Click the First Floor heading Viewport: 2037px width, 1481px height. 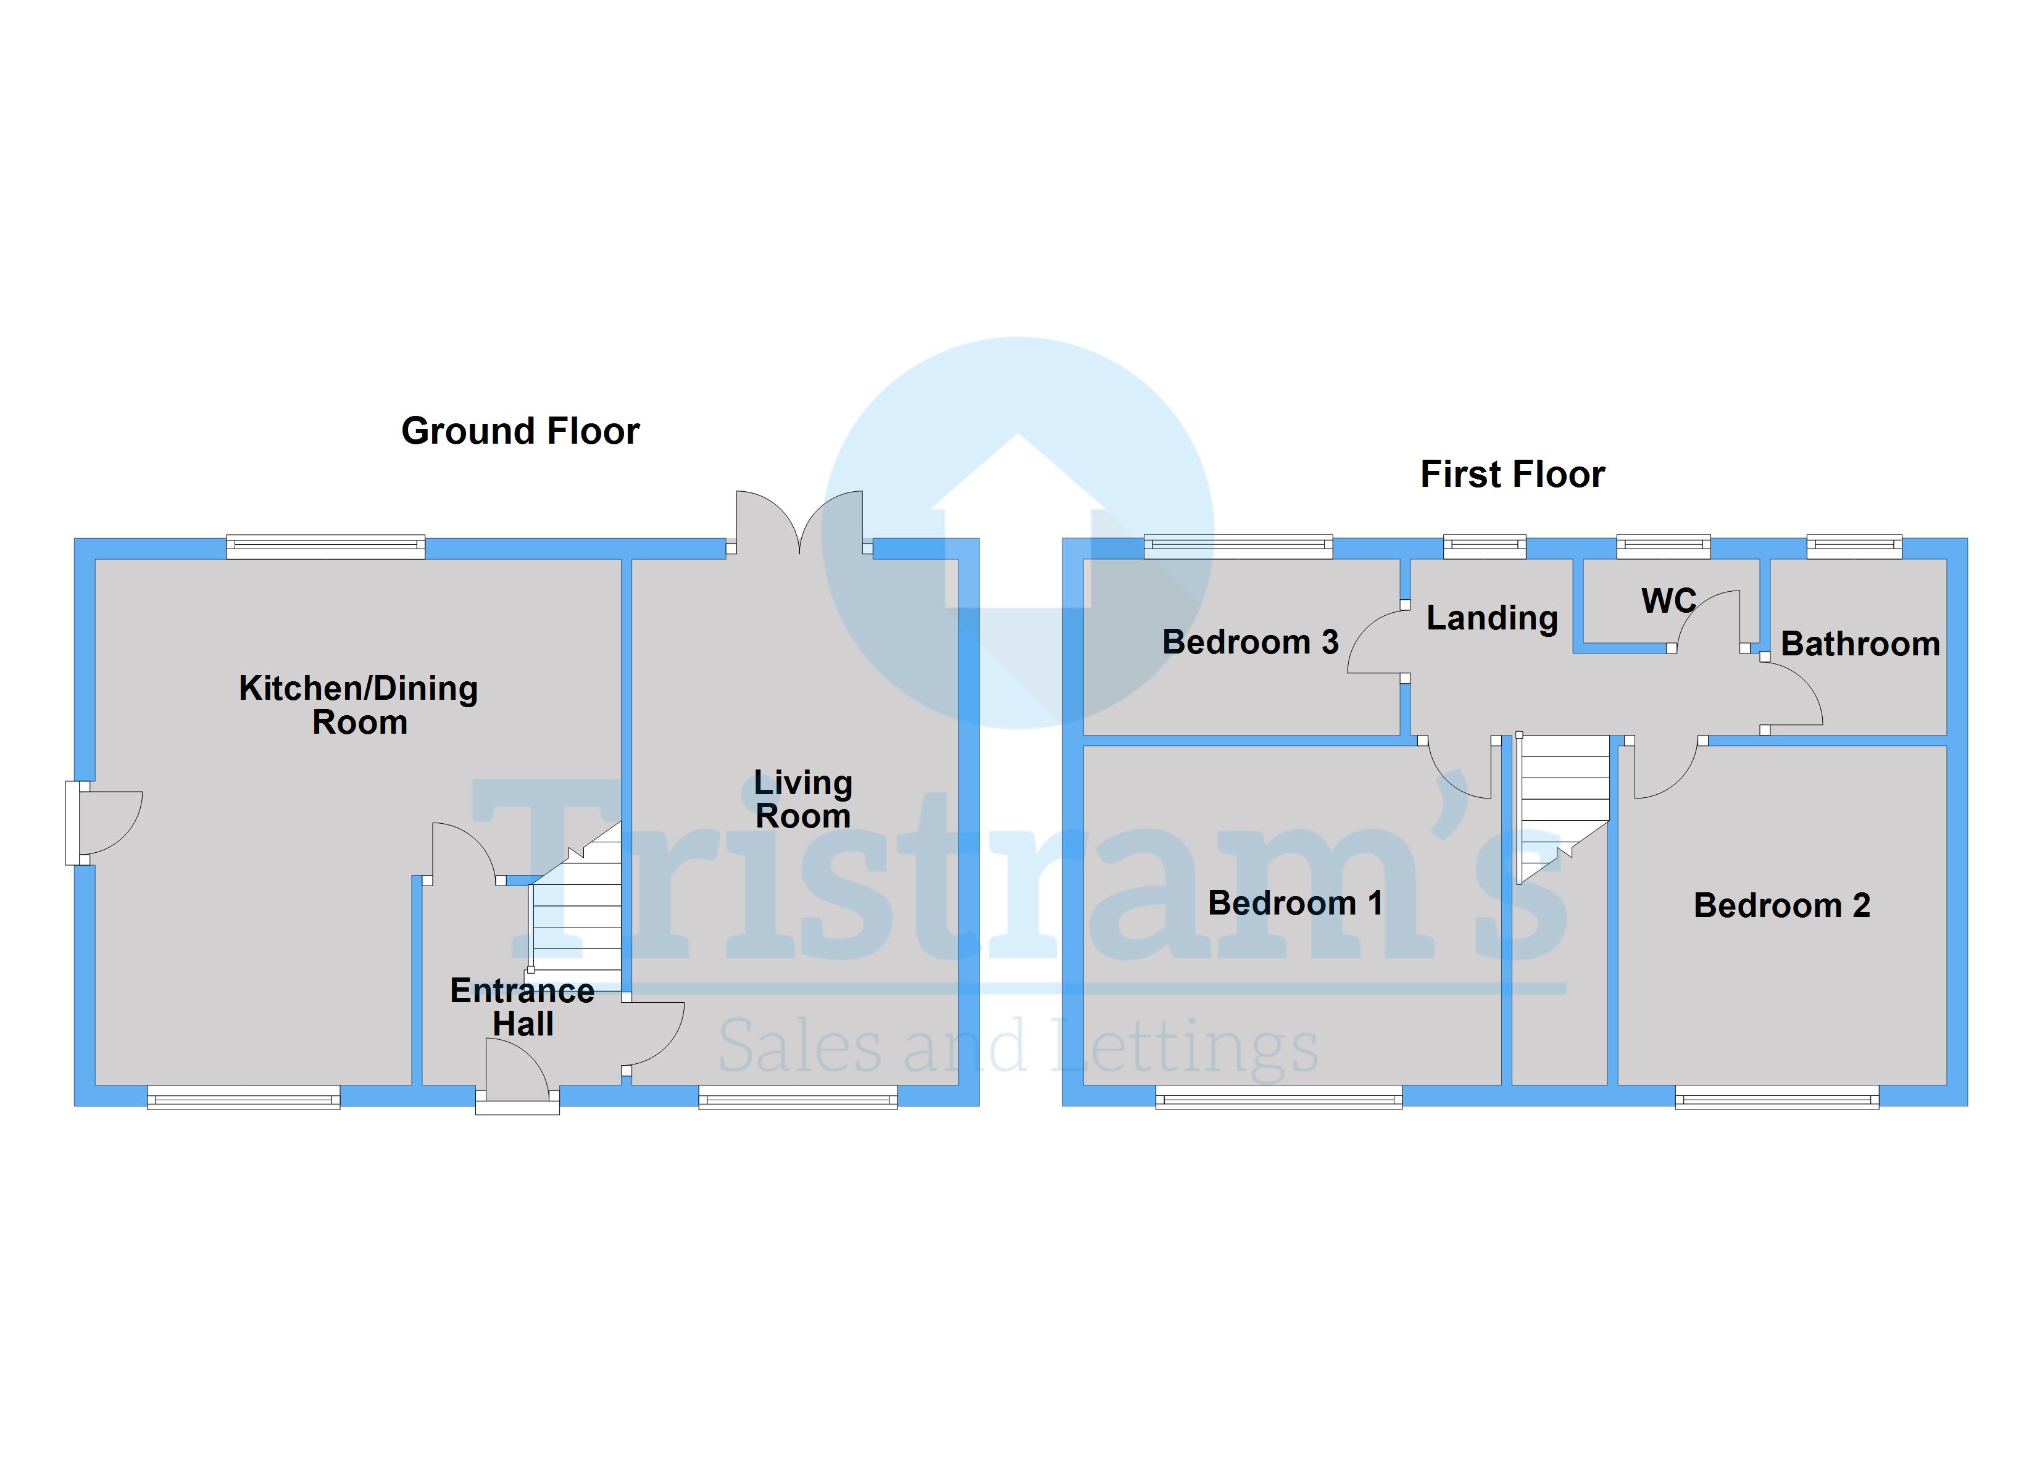pos(1512,474)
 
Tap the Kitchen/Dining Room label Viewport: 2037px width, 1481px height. pos(359,705)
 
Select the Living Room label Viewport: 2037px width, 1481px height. pos(803,799)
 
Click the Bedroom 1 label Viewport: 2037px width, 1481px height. pos(1294,903)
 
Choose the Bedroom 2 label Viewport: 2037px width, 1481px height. pos(1781,905)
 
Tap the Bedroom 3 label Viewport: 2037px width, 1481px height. pos(1249,642)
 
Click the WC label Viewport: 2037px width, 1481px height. pos(1668,601)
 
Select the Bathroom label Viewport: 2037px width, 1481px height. pos(1859,644)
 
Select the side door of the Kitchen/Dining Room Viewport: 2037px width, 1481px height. pos(103,822)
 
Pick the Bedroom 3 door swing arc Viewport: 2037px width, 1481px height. pos(1374,642)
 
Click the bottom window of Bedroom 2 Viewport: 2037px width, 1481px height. pos(1776,1097)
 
